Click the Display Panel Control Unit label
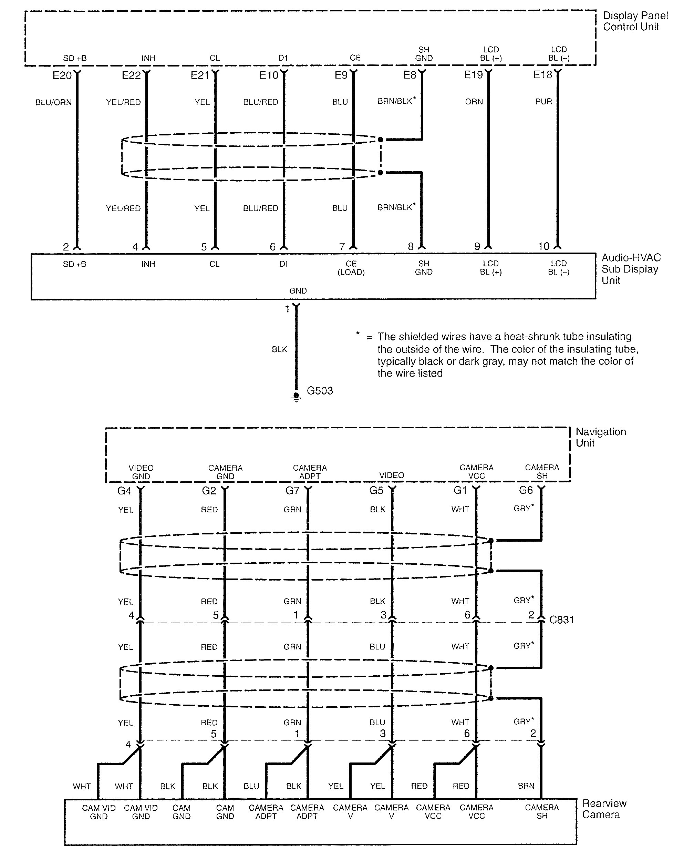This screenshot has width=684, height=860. coord(635,21)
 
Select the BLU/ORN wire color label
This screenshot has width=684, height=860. coord(53,103)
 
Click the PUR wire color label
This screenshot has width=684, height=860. coord(543,102)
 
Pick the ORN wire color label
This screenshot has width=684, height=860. coord(474,102)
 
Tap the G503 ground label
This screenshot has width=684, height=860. coord(320,390)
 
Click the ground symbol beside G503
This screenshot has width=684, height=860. coord(296,397)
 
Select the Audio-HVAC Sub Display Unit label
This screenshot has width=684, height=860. coord(631,269)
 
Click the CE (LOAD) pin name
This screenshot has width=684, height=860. coord(351,268)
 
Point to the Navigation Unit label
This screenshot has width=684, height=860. coord(600,437)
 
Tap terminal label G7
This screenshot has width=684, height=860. coord(292,491)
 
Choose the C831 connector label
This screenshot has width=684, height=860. coord(561,620)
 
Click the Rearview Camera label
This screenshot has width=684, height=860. coord(604,809)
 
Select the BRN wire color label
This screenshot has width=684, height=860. coord(526,786)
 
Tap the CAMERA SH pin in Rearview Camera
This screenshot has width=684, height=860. coord(542,812)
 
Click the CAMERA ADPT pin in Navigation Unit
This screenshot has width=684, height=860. coord(310,472)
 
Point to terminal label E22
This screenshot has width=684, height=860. coord(131,75)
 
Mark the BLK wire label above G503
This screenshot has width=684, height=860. coord(279,349)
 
